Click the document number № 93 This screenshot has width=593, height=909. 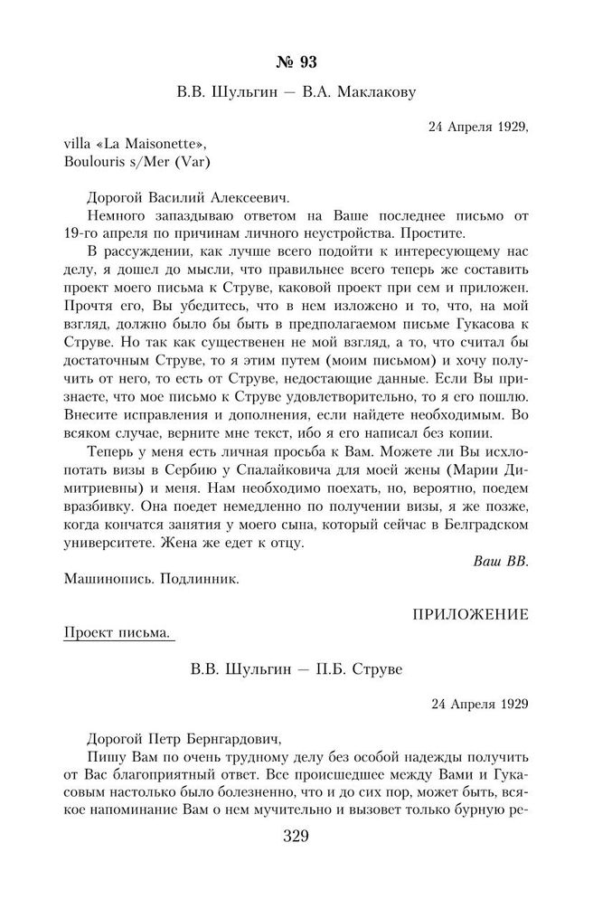coord(296,62)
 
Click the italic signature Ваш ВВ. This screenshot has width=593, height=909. coord(500,561)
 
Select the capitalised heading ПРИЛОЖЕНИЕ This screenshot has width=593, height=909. coord(470,614)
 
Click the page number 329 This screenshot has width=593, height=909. coord(296,835)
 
